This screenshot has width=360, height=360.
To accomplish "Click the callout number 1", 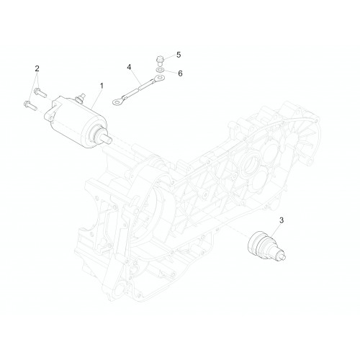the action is pos(102,86).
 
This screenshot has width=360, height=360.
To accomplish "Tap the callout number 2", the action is pos(37,68).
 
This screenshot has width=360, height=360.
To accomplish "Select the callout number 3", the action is pos(282,220).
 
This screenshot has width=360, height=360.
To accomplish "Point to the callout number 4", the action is pos(129,67).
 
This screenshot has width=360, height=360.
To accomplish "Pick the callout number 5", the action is pos(179,55).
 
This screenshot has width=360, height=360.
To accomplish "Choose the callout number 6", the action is pos(180,73).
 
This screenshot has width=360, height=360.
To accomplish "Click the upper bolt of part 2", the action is pos(40,92).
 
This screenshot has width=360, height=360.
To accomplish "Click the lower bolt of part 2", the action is pos(30,106).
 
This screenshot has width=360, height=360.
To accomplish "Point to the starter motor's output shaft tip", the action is pos(109,139).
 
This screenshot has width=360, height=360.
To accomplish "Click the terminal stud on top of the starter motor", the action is pos(79,97).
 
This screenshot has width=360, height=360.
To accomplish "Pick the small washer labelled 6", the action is pos(160,70).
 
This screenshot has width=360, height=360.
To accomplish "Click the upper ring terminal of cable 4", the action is pos(158,78).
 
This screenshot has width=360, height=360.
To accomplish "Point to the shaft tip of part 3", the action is pos(283,257).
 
